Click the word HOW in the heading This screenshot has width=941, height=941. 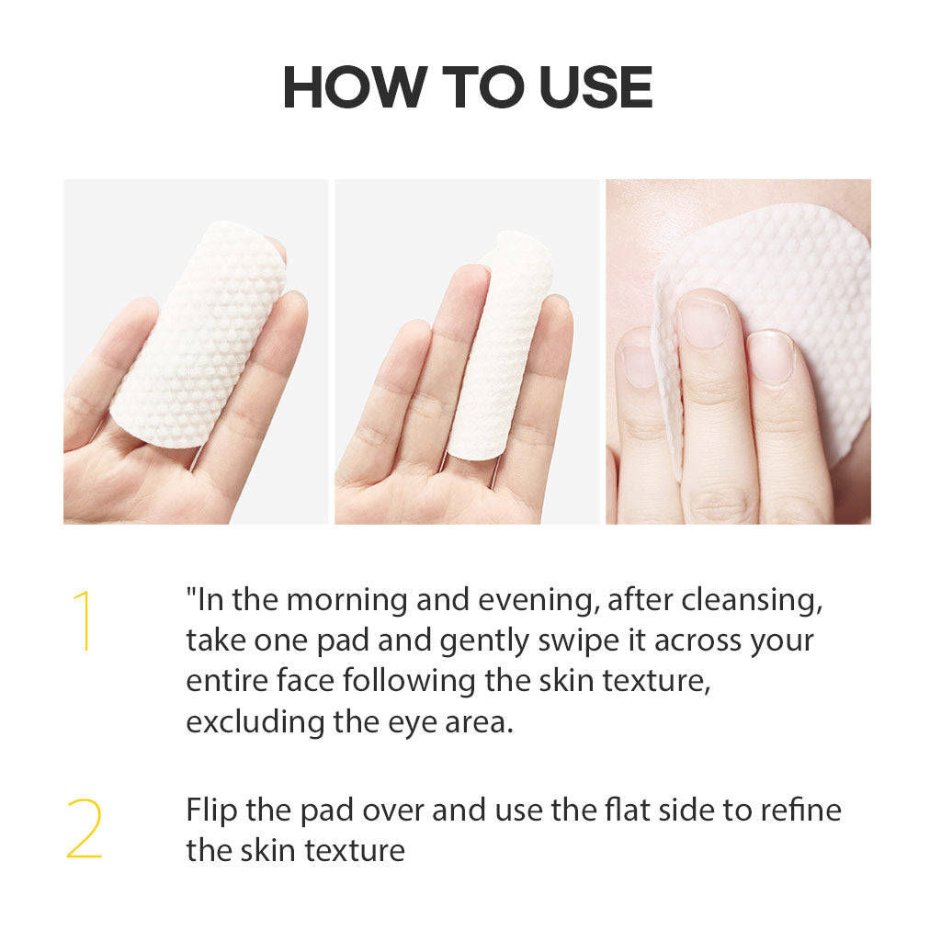pyautogui.click(x=355, y=87)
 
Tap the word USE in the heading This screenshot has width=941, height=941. pyautogui.click(x=595, y=87)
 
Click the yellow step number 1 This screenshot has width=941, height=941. pyautogui.click(x=84, y=620)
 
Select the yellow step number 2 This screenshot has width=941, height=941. pyautogui.click(x=84, y=829)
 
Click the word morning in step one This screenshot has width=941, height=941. pyautogui.click(x=346, y=600)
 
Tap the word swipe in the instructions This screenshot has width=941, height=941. pyautogui.click(x=579, y=641)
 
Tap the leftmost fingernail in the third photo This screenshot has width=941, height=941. pyautogui.click(x=639, y=366)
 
